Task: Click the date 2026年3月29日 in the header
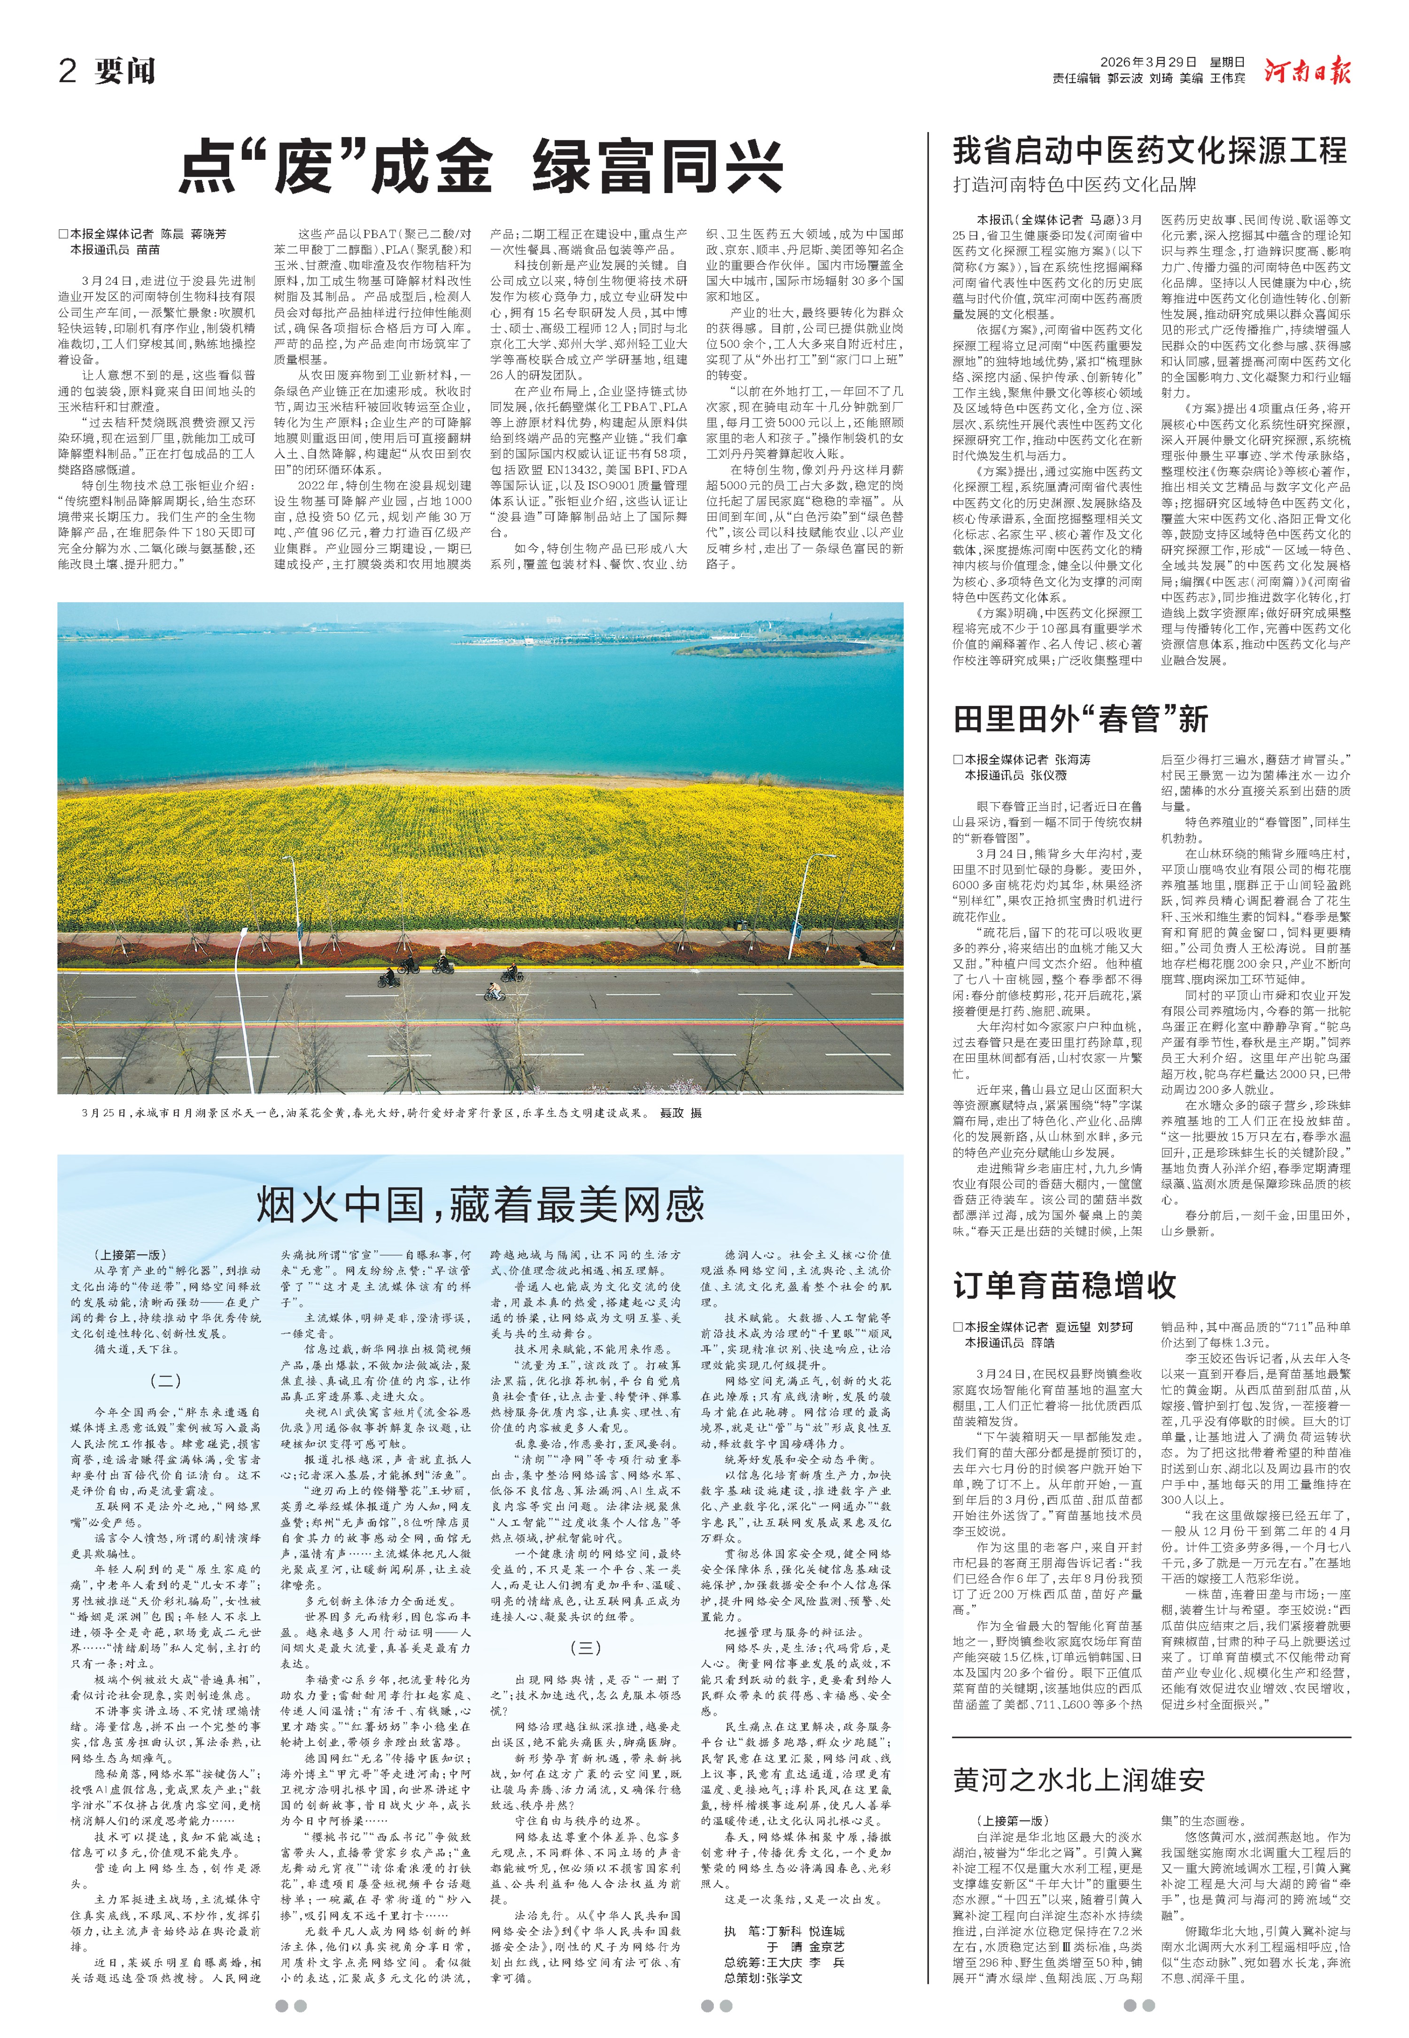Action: [1148, 62]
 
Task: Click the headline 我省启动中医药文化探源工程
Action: [1149, 151]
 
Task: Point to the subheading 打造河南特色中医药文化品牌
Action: [1075, 185]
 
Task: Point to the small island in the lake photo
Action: [751, 649]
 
